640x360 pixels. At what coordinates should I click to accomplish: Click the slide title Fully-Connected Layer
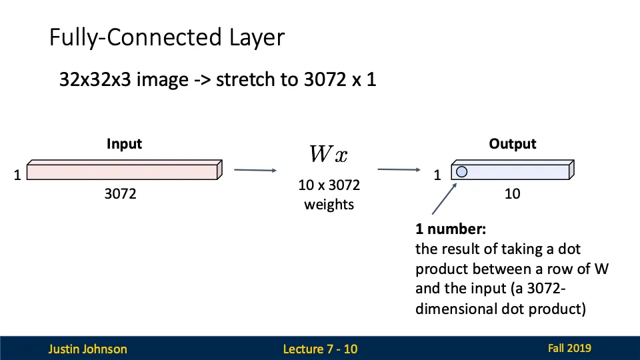point(167,37)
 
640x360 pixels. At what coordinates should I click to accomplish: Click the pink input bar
point(123,170)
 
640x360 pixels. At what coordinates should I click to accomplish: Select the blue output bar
point(520,171)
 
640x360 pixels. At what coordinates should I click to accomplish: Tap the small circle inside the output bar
point(461,171)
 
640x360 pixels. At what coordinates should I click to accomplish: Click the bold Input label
point(124,144)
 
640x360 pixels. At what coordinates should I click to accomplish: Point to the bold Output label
point(512,144)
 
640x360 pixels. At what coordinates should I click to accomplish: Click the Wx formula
point(328,155)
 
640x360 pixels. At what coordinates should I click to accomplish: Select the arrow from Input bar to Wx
point(255,170)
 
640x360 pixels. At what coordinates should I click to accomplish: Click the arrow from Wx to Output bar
point(398,170)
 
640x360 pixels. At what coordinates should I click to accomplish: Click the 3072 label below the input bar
point(121,195)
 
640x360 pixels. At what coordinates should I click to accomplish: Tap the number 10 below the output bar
point(512,194)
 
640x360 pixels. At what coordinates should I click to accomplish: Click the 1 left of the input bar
point(17,175)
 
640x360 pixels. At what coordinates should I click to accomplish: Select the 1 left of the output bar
point(437,175)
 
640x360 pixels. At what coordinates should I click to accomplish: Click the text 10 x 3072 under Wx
point(329,186)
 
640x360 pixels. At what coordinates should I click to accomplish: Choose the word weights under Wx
point(329,205)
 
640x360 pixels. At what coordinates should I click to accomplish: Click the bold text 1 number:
point(451,229)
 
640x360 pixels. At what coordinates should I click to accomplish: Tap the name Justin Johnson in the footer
point(87,349)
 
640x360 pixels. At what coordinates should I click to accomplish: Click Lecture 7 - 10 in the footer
point(320,349)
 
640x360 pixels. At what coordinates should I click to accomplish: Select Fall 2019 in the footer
point(569,348)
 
